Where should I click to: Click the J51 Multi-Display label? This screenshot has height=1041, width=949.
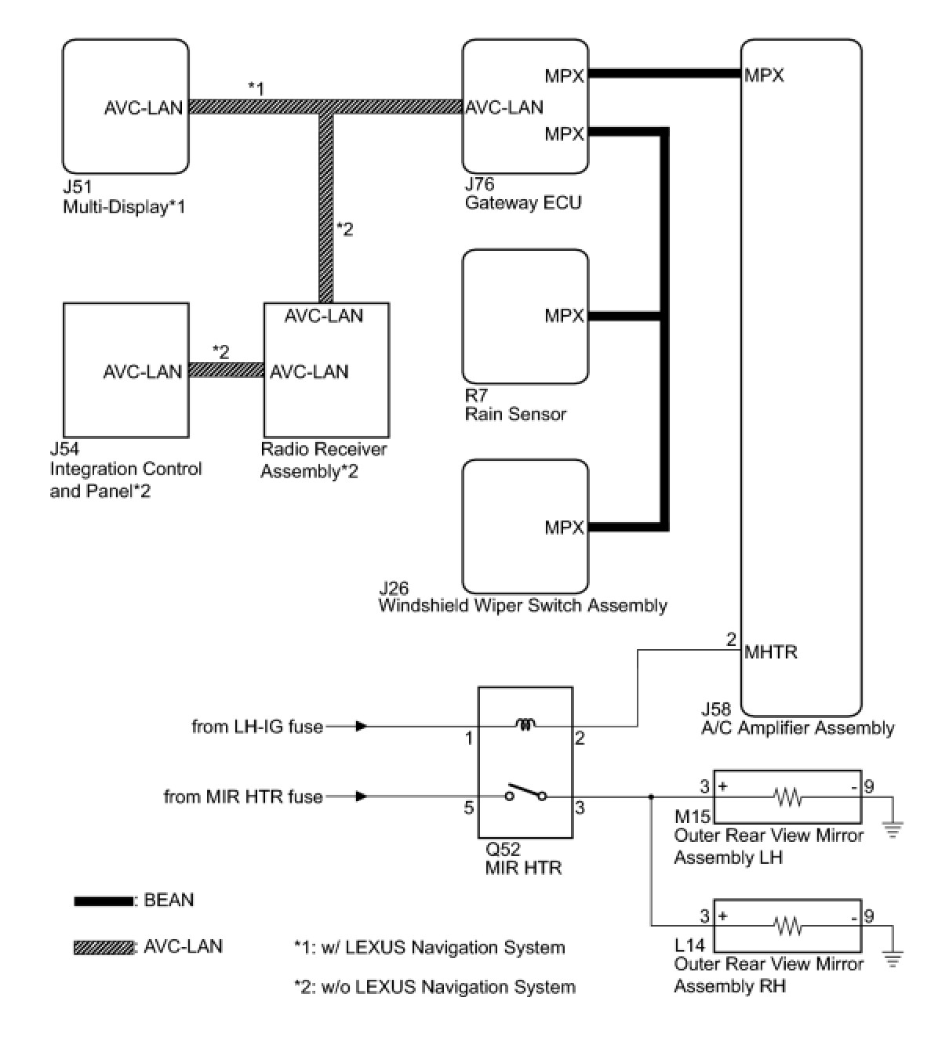point(124,197)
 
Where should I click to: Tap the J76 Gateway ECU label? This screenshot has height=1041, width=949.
point(522,193)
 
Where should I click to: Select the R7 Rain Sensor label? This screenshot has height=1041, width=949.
point(514,404)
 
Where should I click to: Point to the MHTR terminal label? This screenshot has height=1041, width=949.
point(770,651)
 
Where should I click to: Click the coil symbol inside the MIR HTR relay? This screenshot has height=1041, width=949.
point(525,724)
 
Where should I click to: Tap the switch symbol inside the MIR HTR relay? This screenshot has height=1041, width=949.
point(525,793)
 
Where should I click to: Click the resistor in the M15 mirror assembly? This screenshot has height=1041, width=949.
point(788,796)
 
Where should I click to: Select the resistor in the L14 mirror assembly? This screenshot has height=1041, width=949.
point(788,926)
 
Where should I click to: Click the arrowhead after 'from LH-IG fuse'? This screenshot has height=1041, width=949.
point(361,727)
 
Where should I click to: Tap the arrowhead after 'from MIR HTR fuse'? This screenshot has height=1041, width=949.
point(361,796)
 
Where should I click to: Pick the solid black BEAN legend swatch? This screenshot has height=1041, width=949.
point(104,901)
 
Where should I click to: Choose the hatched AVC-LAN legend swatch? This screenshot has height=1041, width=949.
point(104,948)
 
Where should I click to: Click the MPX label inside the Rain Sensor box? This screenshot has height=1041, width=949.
point(564,316)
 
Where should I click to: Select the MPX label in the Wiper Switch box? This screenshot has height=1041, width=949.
point(564,528)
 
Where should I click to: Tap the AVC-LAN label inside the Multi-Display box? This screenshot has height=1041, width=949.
point(144,108)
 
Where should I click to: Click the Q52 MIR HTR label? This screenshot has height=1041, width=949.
point(523,858)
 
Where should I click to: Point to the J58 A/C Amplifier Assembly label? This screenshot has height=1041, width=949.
point(798,719)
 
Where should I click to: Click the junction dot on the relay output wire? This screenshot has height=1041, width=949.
point(652,796)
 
